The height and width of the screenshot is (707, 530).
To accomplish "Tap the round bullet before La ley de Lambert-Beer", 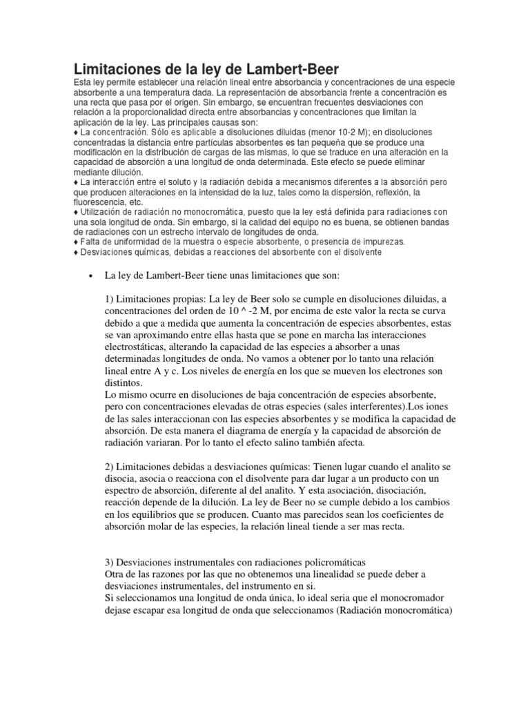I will pyautogui.click(x=91, y=275).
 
